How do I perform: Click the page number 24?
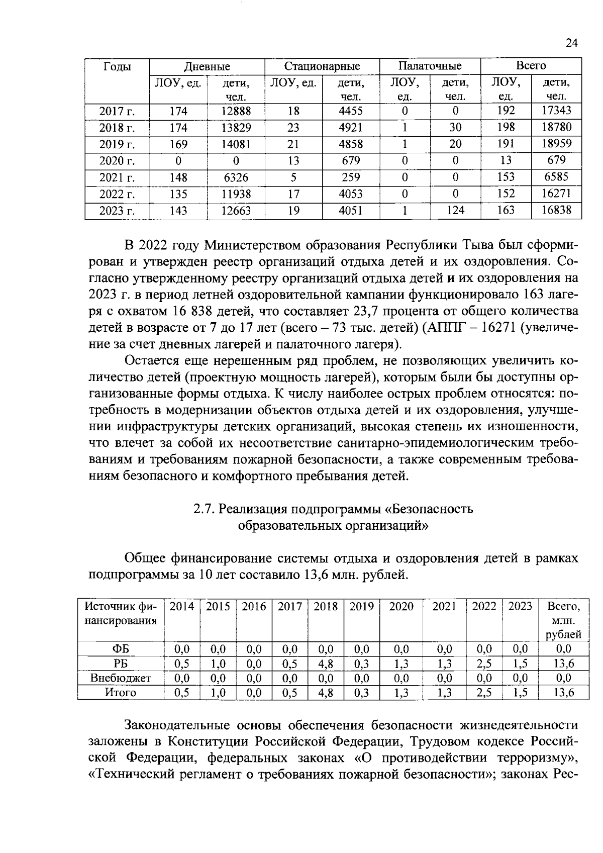coord(571,43)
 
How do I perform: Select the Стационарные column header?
coord(322,66)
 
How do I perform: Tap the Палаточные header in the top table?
coord(430,66)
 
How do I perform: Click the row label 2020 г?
coord(117,161)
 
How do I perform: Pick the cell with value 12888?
coord(236,111)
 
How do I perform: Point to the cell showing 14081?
coord(236,144)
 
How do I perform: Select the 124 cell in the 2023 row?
coord(455,211)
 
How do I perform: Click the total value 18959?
coord(556,144)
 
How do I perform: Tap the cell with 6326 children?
coord(236,177)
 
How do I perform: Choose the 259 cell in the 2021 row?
coord(350,177)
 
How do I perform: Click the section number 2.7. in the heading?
coord(204,509)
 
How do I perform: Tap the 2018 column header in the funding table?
coord(325,607)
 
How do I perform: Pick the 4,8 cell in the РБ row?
coord(325,664)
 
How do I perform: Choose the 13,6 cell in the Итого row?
coord(563,693)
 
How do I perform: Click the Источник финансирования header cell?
coord(121,614)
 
